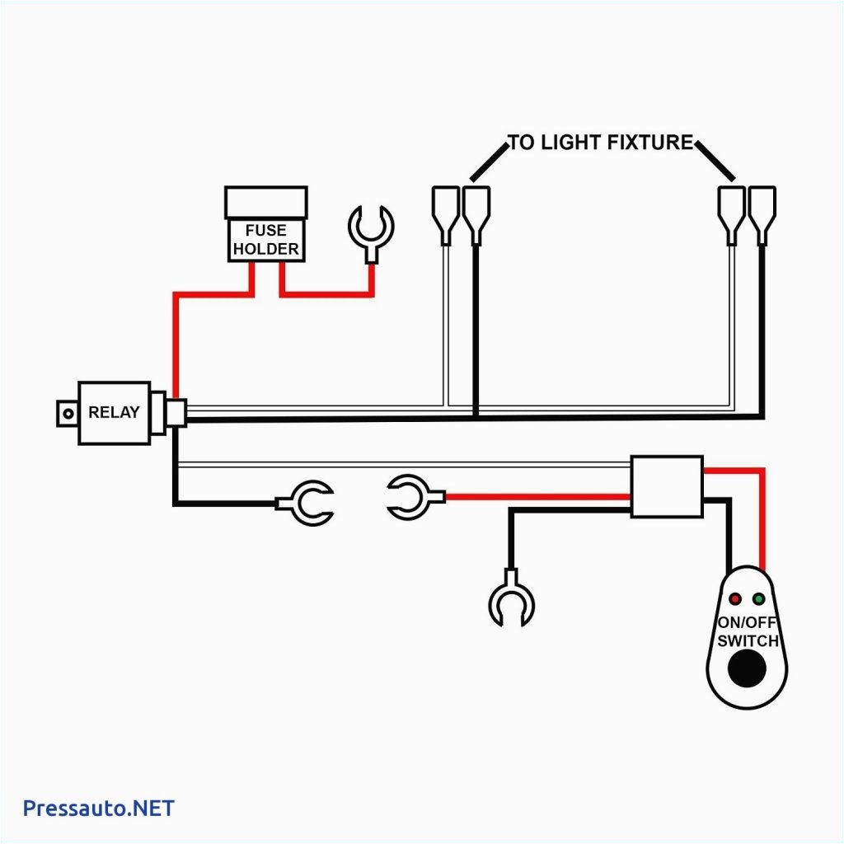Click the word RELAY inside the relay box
114,412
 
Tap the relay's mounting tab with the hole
66,413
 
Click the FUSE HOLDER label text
265,240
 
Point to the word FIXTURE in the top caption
650,143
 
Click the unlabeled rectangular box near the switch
667,486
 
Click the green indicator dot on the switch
759,598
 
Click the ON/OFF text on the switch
747,624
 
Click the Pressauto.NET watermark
99,808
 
